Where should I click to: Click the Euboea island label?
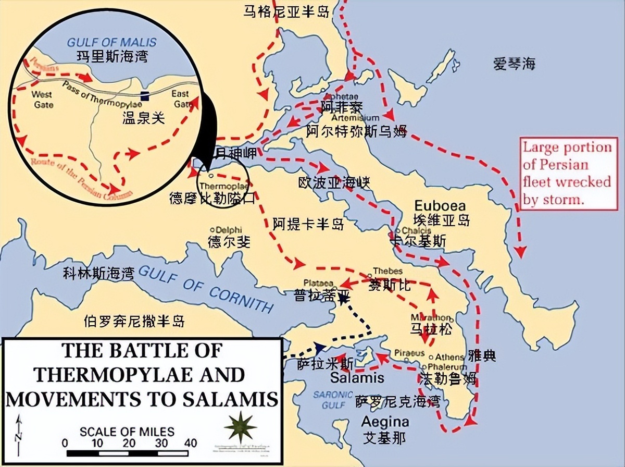(x=440, y=205)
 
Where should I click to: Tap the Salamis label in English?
(x=357, y=378)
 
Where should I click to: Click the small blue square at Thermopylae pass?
(x=144, y=96)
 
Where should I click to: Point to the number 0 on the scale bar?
(x=65, y=443)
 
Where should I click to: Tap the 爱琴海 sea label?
(x=514, y=65)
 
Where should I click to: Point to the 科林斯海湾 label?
(x=98, y=272)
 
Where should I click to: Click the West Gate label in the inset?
(x=42, y=99)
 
